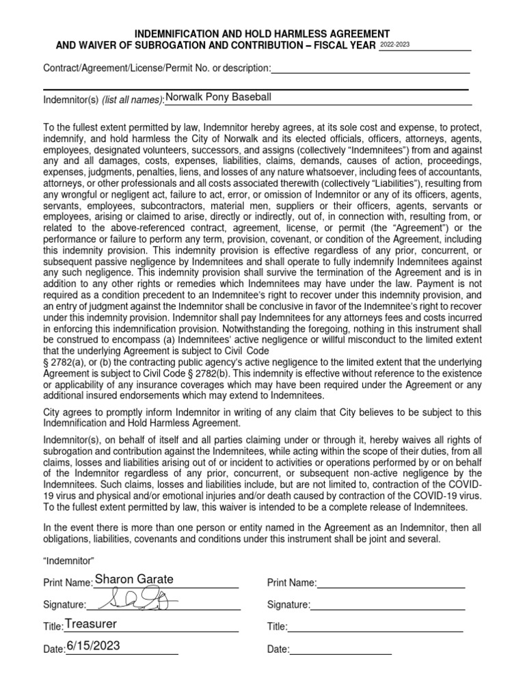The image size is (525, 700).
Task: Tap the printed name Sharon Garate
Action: point(134,580)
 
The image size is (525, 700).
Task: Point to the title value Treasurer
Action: point(91,624)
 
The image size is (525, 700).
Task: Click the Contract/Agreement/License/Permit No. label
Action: point(157,68)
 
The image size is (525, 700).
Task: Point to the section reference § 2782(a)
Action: point(61,361)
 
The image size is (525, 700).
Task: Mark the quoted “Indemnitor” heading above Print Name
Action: point(64,561)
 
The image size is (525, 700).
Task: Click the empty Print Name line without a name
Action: point(391,583)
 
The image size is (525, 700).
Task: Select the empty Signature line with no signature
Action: point(388,605)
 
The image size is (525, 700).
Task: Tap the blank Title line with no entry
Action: point(375,627)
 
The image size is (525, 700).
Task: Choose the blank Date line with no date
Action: point(340,649)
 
